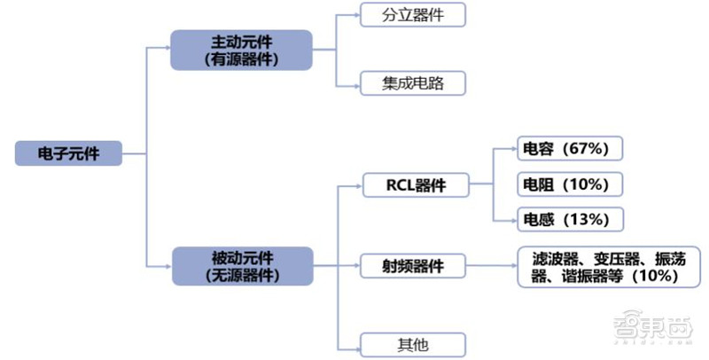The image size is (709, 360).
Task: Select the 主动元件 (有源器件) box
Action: (242, 51)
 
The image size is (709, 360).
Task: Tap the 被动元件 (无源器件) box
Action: (242, 265)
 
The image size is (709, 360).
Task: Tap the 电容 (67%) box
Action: (570, 150)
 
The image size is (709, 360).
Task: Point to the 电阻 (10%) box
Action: (570, 184)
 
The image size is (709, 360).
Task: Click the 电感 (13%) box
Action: (570, 219)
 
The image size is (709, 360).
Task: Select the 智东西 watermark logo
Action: (656, 331)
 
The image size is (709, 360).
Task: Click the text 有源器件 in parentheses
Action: (242, 60)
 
